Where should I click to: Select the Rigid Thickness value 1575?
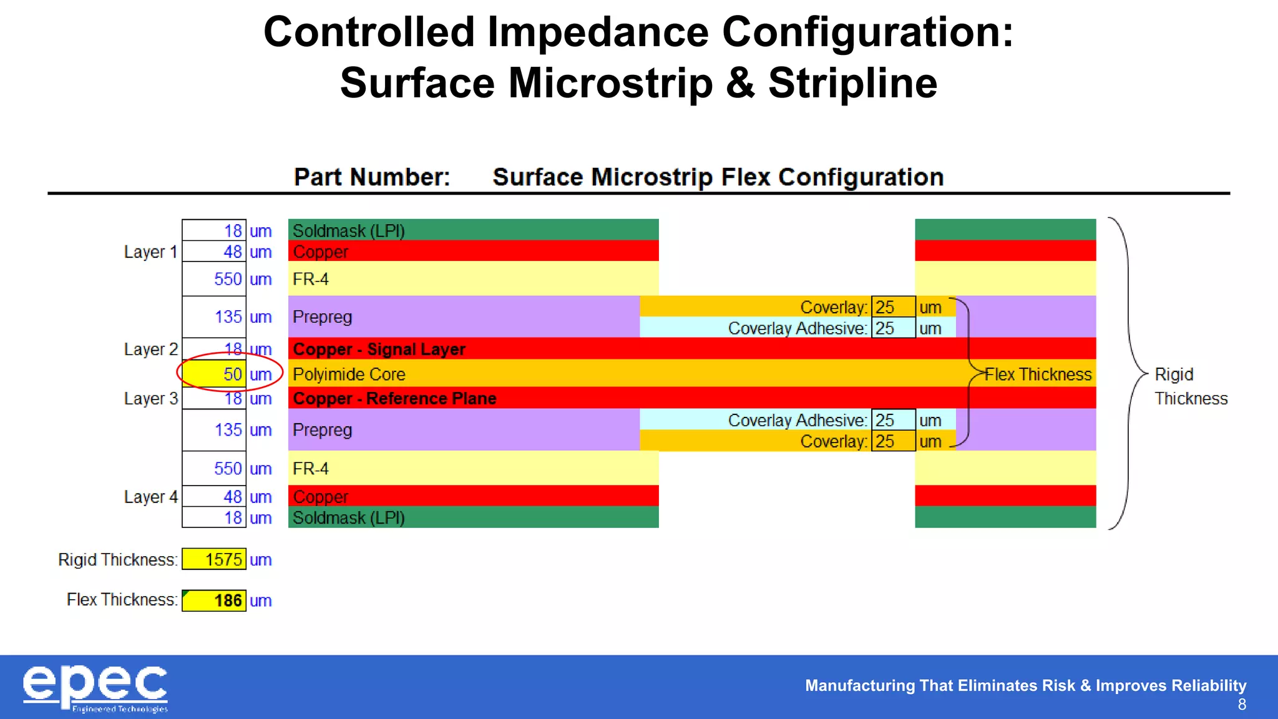click(x=215, y=559)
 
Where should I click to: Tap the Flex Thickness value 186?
click(x=215, y=600)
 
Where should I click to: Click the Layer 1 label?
click(x=150, y=252)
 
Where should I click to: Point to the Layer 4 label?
click(x=150, y=497)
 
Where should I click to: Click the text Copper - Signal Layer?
click(x=379, y=349)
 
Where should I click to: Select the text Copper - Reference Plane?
click(x=394, y=398)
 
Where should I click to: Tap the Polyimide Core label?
click(x=349, y=374)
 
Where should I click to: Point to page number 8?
click(x=1242, y=705)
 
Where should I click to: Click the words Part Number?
click(x=372, y=177)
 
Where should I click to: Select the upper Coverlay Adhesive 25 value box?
click(x=892, y=328)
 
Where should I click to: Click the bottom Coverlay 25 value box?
click(x=892, y=441)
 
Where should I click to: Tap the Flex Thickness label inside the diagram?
click(x=1038, y=374)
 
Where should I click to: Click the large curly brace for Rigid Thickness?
click(x=1128, y=373)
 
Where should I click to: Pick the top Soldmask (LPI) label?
click(x=348, y=231)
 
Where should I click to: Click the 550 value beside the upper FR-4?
click(x=227, y=279)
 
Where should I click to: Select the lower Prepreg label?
click(x=322, y=430)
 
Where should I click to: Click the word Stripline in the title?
click(x=852, y=83)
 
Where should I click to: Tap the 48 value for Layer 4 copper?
click(x=232, y=497)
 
